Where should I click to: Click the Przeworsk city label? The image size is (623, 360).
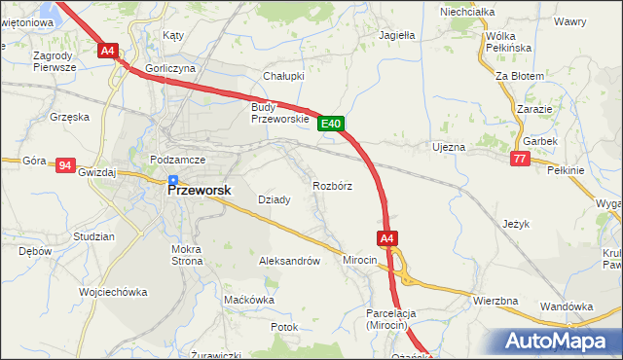pos(200,191)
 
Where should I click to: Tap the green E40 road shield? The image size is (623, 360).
pos(331,124)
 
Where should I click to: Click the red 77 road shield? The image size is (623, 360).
pos(520,159)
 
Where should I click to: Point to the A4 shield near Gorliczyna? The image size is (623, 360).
pos(108,50)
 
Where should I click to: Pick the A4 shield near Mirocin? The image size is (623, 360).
pos(386,237)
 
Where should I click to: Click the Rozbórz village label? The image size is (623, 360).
pos(332,185)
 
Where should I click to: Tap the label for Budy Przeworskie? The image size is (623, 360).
pos(279,113)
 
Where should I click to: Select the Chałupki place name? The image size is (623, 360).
pos(284,75)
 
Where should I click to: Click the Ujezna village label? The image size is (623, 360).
pos(449,147)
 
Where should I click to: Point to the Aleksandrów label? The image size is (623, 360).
pos(289,261)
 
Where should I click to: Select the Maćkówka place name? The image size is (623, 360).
pos(248,300)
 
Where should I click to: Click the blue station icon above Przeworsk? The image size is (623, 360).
pos(173,179)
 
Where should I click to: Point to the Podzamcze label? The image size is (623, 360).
pos(175,159)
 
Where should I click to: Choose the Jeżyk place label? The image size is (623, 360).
pos(516,223)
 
